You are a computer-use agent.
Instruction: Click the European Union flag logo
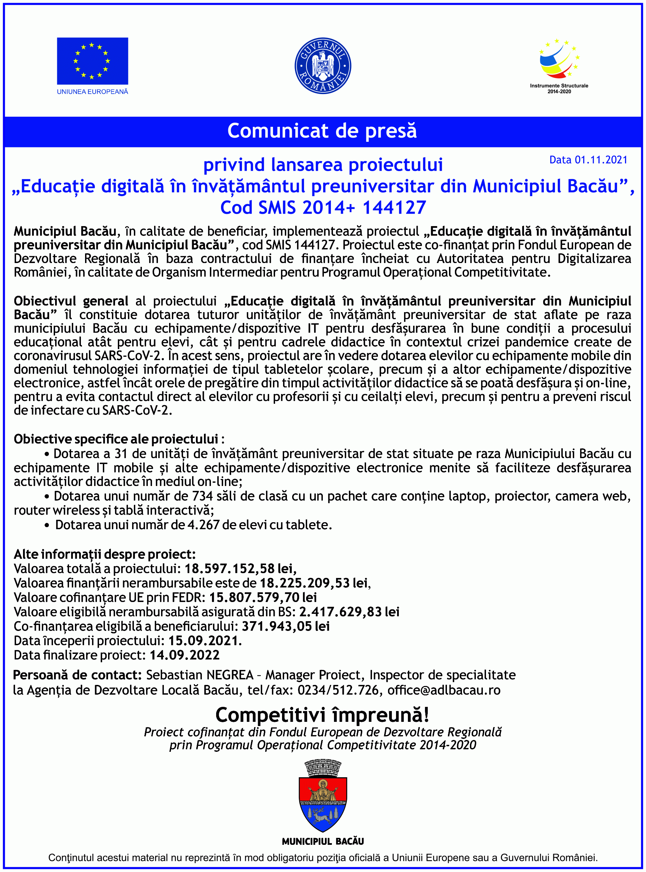tap(92, 61)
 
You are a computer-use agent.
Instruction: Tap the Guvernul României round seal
tap(322, 65)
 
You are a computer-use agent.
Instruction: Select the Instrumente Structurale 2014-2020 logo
tap(559, 67)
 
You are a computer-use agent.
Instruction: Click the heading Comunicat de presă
tap(322, 131)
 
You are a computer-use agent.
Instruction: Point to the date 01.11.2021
tap(601, 160)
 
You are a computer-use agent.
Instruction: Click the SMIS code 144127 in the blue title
tap(394, 207)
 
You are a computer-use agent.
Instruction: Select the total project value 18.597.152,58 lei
tap(240, 569)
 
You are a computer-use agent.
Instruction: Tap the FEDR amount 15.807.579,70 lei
tap(263, 597)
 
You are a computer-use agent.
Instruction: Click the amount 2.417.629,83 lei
tap(349, 612)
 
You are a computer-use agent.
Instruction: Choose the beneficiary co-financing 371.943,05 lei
tap(286, 626)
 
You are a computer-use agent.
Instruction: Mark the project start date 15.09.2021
tap(205, 641)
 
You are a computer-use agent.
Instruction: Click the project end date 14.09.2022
tap(184, 655)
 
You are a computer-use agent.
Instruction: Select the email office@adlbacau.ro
tap(444, 690)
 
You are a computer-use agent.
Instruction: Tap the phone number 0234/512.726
tap(338, 690)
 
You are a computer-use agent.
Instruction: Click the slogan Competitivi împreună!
tap(322, 715)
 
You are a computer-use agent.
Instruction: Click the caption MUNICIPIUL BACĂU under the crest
tap(322, 841)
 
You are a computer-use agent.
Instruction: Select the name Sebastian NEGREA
tap(199, 675)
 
